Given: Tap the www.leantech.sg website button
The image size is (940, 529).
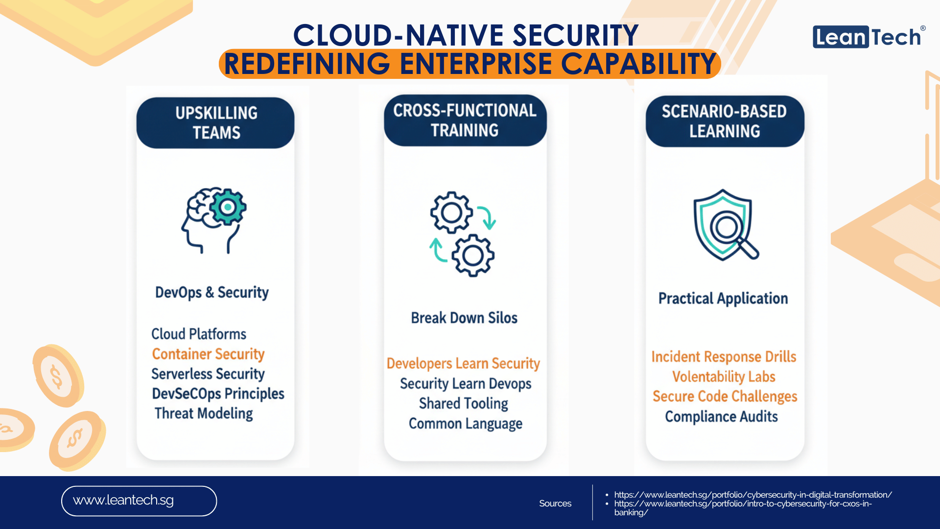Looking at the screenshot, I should click(139, 501).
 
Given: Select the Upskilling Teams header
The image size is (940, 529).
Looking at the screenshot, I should click(215, 123).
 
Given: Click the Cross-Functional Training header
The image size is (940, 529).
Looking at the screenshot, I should click(465, 120).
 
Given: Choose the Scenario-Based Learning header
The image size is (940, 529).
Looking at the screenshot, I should click(725, 121).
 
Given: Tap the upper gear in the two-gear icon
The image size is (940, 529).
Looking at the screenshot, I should click(451, 212).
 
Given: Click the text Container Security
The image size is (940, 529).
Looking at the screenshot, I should click(208, 354).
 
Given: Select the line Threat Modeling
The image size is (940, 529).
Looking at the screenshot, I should click(204, 413).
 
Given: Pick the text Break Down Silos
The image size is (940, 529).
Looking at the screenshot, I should click(464, 318).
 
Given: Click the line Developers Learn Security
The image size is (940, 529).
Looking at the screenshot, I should click(463, 363).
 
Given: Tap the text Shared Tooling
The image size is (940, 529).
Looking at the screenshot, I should click(464, 404).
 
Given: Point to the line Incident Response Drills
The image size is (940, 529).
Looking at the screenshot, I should click(724, 357).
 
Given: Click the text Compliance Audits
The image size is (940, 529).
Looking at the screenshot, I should click(721, 416).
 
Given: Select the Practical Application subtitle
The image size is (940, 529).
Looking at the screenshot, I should click(723, 298).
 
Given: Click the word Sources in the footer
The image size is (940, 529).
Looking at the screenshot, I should click(555, 504).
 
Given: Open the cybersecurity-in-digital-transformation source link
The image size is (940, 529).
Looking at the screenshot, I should click(753, 495).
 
